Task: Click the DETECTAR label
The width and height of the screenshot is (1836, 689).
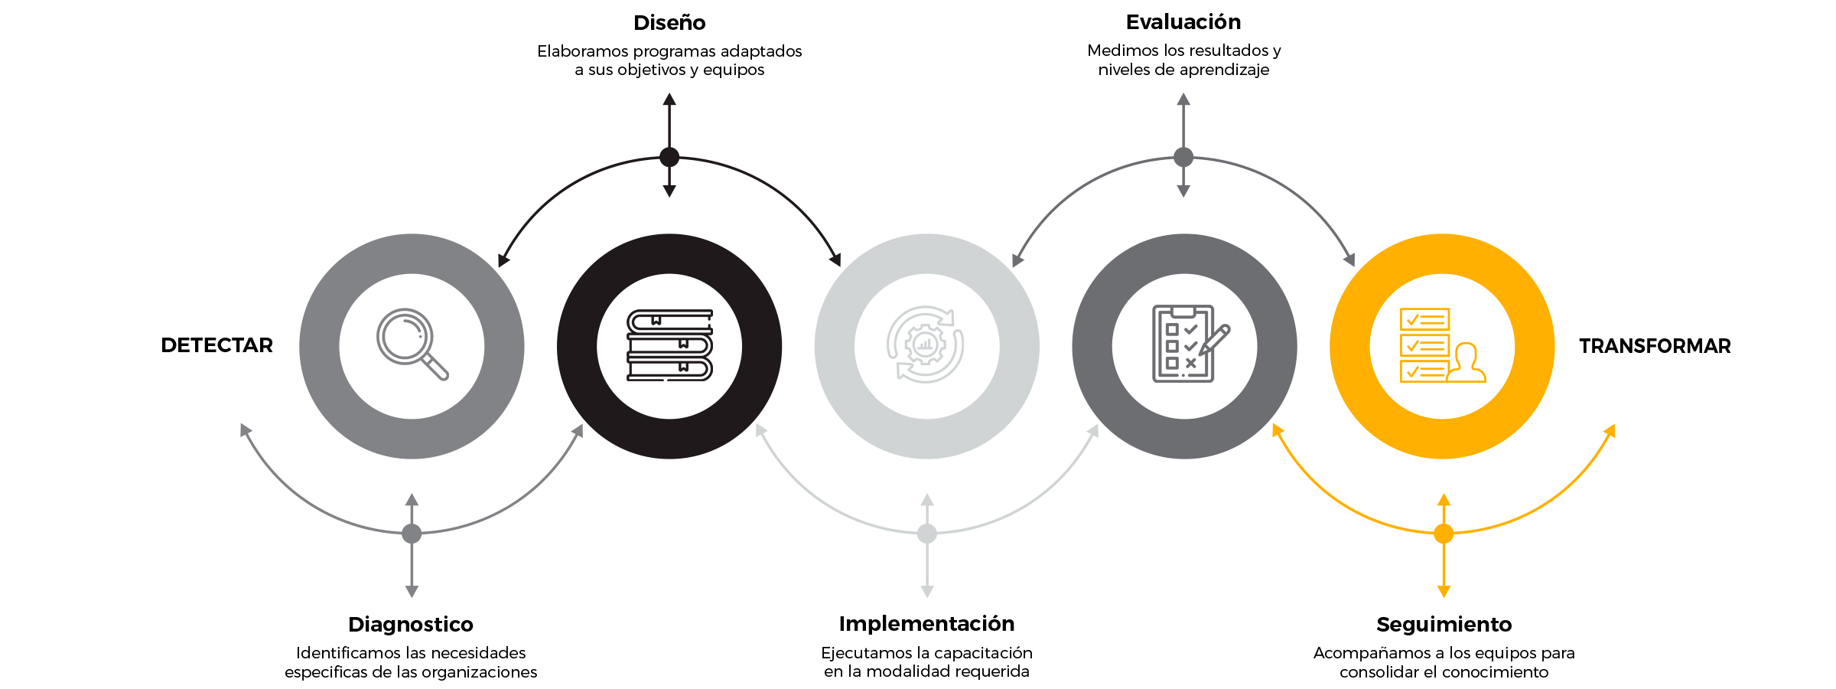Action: [216, 345]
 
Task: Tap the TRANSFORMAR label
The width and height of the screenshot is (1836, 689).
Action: [1654, 346]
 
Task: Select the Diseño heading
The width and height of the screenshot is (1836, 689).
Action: [669, 23]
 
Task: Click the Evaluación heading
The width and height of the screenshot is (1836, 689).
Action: [1183, 22]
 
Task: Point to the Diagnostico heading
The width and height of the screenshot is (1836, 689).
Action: [411, 625]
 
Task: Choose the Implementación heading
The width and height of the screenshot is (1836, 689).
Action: [926, 624]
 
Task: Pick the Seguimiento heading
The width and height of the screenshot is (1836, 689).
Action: [1444, 625]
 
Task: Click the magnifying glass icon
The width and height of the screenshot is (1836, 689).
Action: [412, 344]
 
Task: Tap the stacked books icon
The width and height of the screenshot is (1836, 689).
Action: [669, 345]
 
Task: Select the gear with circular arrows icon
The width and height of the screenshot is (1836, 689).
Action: [926, 344]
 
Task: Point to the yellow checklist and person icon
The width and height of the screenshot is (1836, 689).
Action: [1441, 345]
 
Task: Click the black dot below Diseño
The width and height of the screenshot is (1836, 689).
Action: [669, 157]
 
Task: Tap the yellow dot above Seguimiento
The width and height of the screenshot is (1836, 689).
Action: [1444, 534]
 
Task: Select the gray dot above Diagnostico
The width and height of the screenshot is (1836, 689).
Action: [412, 534]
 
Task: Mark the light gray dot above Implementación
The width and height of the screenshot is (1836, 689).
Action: [927, 534]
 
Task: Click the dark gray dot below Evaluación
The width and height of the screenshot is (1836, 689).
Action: [1183, 157]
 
